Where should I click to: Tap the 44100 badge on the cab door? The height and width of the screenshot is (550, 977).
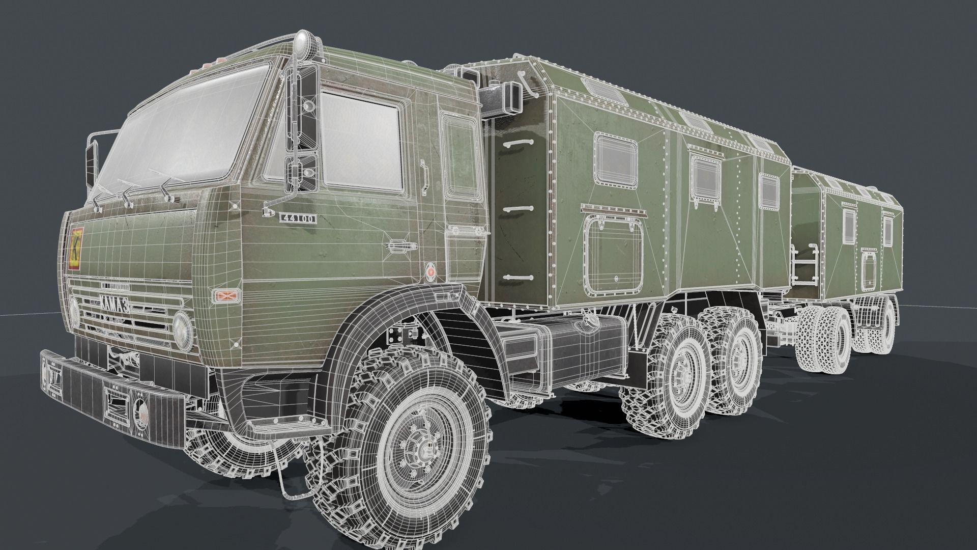coord(298,218)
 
